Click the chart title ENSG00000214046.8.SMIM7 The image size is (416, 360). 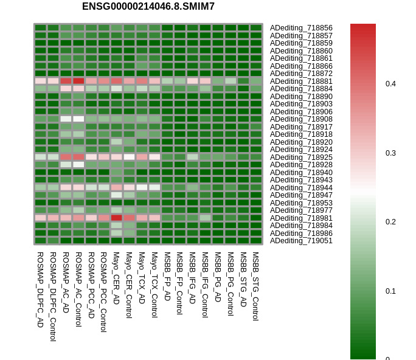click(x=148, y=7)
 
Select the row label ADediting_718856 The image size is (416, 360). click(x=301, y=28)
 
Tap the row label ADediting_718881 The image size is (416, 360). click(x=301, y=81)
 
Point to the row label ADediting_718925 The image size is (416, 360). click(x=301, y=157)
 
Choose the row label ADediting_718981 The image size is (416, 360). click(x=301, y=218)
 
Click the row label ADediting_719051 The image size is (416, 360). click(x=301, y=241)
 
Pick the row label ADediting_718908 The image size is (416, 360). click(x=301, y=119)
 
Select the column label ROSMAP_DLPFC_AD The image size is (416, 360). click(x=40, y=289)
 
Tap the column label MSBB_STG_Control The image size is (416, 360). click(x=255, y=286)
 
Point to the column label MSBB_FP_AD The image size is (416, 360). click(x=167, y=276)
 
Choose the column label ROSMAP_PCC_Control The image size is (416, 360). click(x=103, y=292)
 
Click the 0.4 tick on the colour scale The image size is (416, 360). click(x=390, y=84)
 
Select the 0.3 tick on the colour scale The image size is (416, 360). click(x=390, y=153)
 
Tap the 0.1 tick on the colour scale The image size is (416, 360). click(x=390, y=291)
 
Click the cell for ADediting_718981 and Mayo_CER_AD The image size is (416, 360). click(x=116, y=218)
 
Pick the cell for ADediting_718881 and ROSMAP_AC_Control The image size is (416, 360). click(x=78, y=81)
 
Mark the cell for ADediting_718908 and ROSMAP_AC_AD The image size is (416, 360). click(x=66, y=119)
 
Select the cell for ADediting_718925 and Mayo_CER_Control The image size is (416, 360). click(x=129, y=157)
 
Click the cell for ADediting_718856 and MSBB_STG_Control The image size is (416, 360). click(x=255, y=28)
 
